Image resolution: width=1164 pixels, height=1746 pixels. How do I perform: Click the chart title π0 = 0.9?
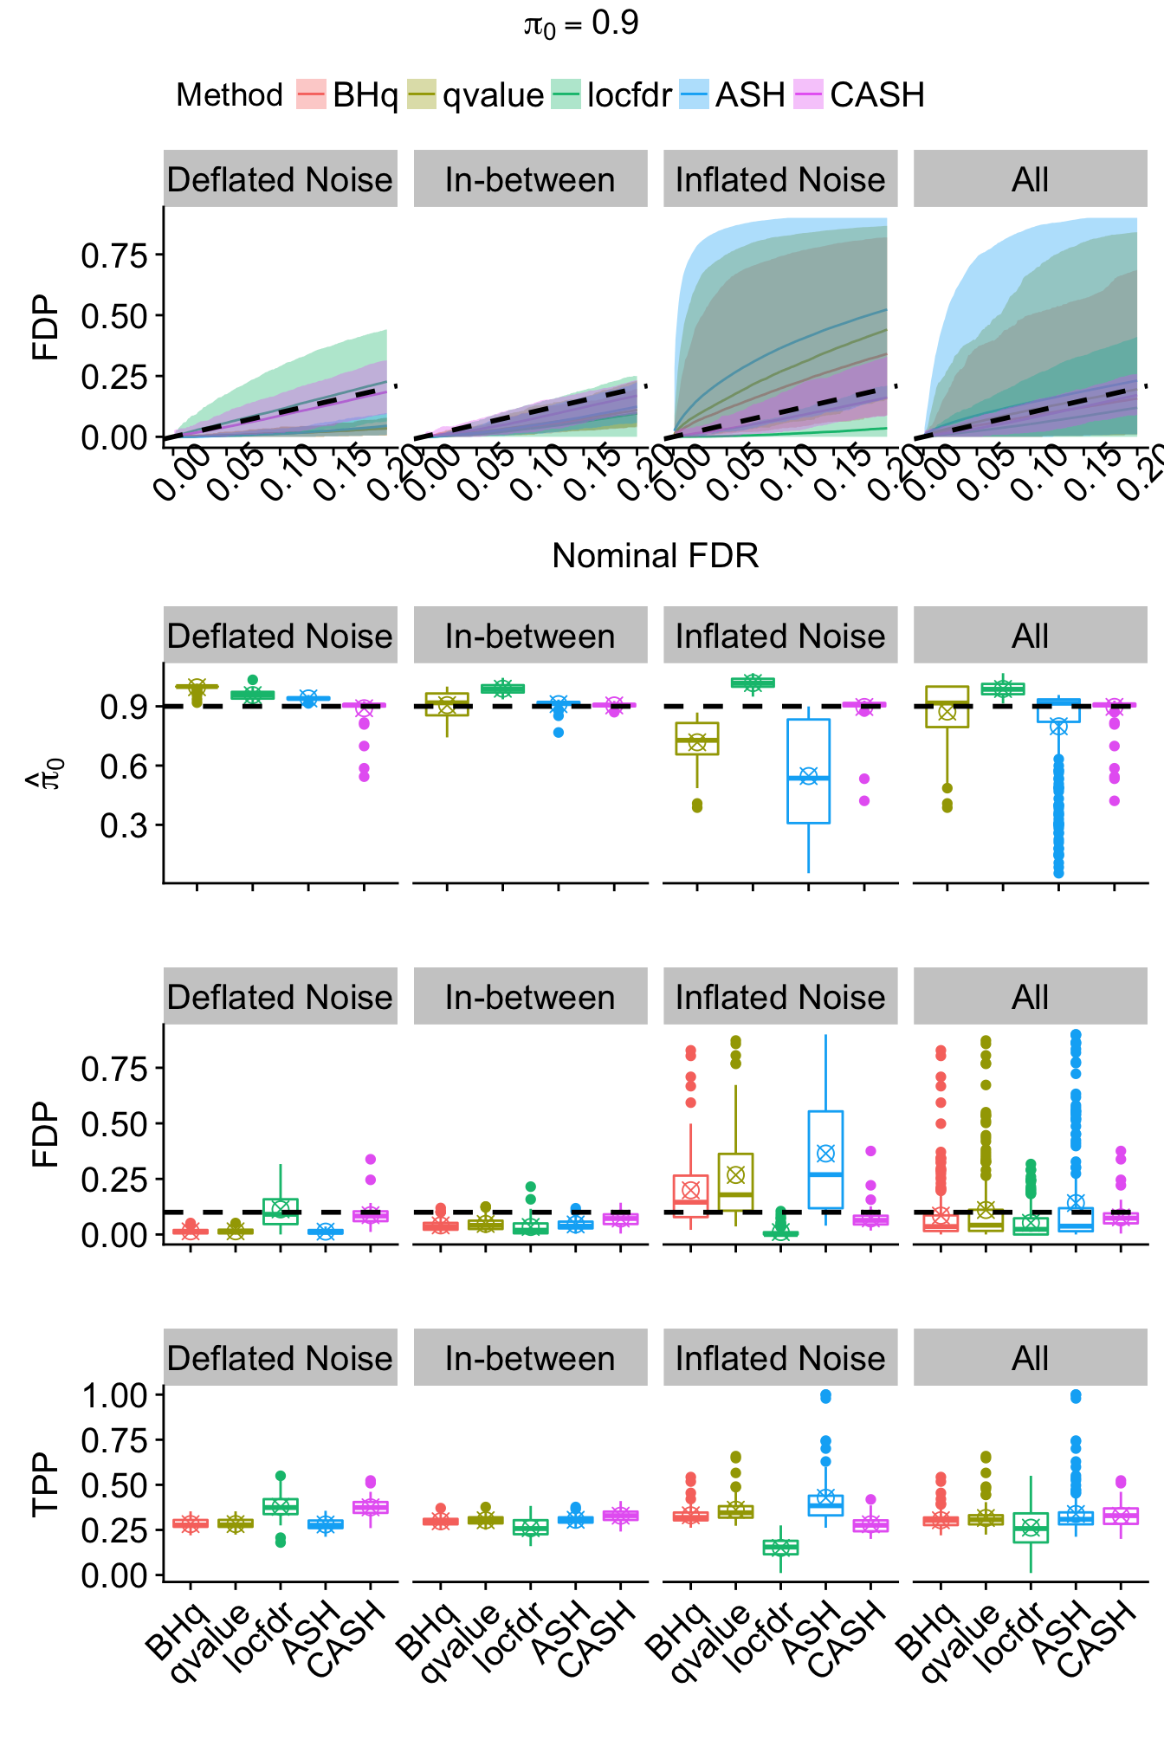tap(581, 24)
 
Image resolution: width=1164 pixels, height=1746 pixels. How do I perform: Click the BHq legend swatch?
tap(311, 94)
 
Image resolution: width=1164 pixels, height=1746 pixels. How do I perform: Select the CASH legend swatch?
tap(808, 94)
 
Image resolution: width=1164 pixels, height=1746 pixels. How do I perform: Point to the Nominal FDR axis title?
tap(655, 556)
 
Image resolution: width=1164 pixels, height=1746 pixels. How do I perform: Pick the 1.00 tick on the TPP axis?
tap(114, 1395)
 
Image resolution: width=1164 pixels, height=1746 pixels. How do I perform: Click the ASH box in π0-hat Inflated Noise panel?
tap(808, 771)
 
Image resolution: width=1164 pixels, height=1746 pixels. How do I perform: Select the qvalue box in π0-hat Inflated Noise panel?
tap(697, 739)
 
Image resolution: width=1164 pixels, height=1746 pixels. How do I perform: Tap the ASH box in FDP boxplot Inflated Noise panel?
tap(825, 1160)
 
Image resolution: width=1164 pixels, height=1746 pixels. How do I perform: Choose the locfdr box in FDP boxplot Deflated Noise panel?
tap(280, 1211)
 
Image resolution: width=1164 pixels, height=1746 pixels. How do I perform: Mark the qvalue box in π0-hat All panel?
tap(947, 707)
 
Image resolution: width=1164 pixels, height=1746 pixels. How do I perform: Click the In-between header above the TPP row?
tap(530, 1359)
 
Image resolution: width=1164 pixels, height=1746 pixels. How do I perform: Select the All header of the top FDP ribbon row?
tap(1030, 180)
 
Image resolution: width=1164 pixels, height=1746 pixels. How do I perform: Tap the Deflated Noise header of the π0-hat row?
tap(280, 637)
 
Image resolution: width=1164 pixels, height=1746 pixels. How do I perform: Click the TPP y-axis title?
tap(45, 1484)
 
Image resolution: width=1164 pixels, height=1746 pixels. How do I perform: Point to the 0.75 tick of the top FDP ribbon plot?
tap(114, 255)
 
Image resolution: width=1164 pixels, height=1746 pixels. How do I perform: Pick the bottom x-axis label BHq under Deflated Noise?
tap(176, 1632)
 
